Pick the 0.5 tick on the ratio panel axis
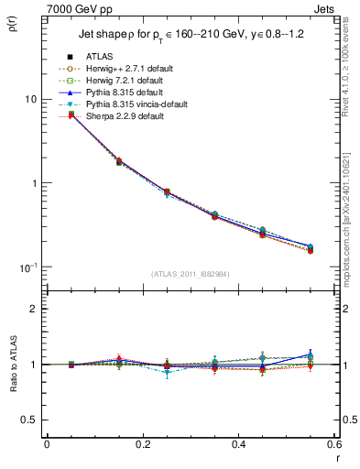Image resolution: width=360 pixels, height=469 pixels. [29, 420]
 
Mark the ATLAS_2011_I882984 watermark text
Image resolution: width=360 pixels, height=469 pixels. [190, 273]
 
